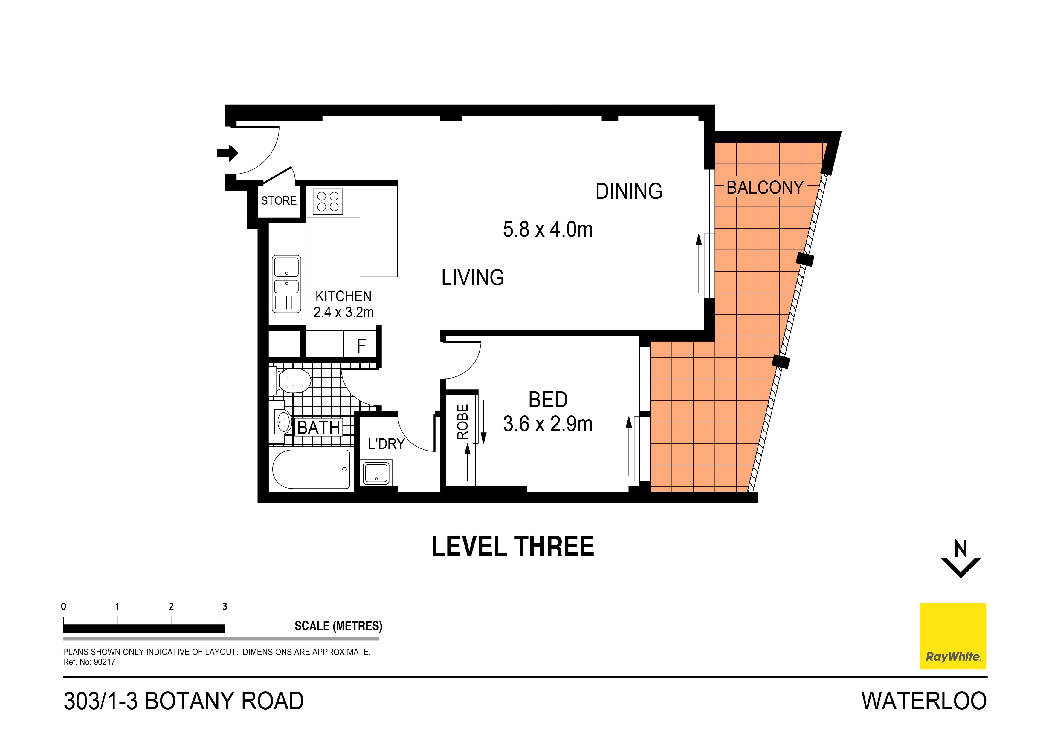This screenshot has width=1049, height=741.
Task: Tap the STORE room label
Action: (279, 201)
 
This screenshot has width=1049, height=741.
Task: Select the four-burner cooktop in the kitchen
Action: (328, 202)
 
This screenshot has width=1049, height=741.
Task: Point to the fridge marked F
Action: (361, 346)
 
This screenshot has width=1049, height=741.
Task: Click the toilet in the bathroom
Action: (292, 381)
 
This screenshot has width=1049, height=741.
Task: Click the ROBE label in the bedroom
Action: (462, 422)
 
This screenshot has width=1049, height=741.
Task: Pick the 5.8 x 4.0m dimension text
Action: (547, 230)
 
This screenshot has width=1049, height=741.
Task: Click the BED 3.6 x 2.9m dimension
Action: (547, 424)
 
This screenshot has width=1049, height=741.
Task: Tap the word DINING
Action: (629, 191)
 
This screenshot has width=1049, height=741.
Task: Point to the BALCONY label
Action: (764, 188)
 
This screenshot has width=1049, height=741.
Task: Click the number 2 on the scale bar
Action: (171, 606)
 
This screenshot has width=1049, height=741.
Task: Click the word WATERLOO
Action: (923, 701)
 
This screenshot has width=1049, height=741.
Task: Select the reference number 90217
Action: (105, 662)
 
